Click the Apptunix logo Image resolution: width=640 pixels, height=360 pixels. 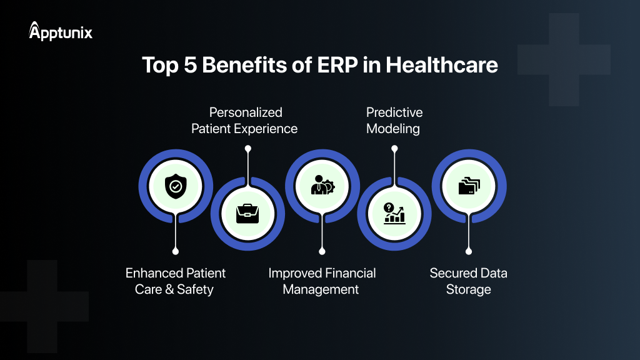(61, 31)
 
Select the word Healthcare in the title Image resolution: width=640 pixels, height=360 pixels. (442, 65)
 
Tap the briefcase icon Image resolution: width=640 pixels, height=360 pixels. (247, 214)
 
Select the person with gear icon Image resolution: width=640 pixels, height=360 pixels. (321, 185)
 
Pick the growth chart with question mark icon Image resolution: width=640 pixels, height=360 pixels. (394, 214)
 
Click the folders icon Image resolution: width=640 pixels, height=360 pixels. (468, 185)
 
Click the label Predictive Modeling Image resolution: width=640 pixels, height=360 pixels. (394, 121)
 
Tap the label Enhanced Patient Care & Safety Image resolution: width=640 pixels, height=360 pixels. (175, 281)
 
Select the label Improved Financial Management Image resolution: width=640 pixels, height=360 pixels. (322, 281)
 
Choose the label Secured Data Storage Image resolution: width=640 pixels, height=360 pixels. (468, 281)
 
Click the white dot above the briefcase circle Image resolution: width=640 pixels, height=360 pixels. (248, 148)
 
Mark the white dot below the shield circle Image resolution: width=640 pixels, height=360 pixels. (175, 251)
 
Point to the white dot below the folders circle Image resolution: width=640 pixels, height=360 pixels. (468, 251)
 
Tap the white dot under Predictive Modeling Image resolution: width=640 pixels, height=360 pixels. (394, 148)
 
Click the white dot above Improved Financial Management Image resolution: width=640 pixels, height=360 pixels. (322, 251)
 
